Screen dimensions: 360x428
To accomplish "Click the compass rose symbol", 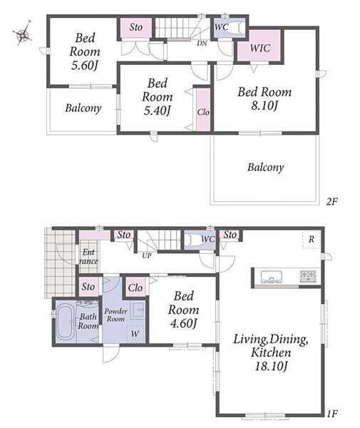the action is (x=22, y=34).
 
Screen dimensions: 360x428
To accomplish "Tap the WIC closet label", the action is (x=260, y=48).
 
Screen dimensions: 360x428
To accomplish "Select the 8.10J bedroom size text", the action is (x=264, y=106).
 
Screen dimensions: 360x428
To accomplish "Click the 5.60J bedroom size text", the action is (x=84, y=66).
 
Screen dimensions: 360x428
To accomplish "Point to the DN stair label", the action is (x=202, y=43).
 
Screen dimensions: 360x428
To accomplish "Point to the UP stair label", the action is (x=147, y=256).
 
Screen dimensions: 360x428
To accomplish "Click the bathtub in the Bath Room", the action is (x=66, y=323).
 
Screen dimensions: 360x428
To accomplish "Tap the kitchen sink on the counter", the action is (x=272, y=277).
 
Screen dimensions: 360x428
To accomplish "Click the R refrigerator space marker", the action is (x=312, y=240).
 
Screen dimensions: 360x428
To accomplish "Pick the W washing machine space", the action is (x=135, y=334).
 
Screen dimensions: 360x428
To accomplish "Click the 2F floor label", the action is (x=332, y=202).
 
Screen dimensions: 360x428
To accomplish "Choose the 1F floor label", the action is (x=332, y=414).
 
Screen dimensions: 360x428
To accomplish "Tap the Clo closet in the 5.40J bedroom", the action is (x=203, y=110).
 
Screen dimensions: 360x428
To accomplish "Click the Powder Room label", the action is (x=116, y=315).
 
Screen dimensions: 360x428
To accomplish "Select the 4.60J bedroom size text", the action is (x=183, y=323).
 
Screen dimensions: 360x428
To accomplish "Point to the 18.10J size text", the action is (x=271, y=366).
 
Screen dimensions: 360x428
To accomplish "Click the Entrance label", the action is (x=88, y=257).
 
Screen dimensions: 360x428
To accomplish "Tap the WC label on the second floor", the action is (x=222, y=27).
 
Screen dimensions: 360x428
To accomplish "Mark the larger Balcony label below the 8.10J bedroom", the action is (x=266, y=167).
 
